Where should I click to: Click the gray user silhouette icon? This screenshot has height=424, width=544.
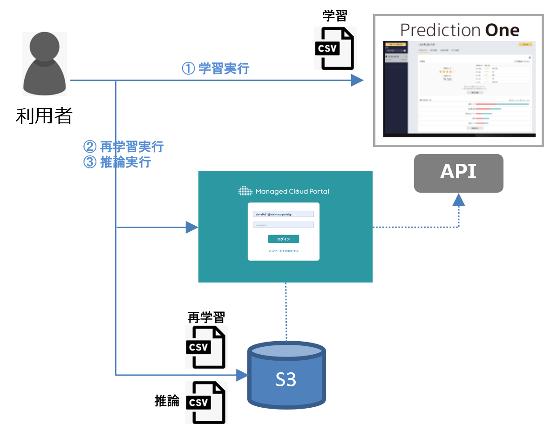[45, 64]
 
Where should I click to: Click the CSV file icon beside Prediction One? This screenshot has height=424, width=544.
[335, 48]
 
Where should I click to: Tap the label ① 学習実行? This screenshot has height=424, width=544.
[216, 69]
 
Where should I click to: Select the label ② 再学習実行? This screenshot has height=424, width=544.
[123, 147]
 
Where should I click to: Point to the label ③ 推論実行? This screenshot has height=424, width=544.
[117, 162]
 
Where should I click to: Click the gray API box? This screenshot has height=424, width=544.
[459, 173]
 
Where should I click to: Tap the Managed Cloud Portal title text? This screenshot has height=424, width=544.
[292, 191]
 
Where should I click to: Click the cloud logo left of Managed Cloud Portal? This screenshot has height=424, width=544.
[245, 191]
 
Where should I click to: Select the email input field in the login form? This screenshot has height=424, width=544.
[284, 214]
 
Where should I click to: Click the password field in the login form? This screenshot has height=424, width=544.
[284, 225]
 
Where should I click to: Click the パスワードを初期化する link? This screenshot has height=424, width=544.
[284, 251]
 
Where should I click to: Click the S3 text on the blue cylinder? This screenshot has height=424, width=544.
[286, 380]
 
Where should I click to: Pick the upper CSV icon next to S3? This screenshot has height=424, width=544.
[206, 347]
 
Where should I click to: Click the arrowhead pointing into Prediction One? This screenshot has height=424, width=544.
[357, 81]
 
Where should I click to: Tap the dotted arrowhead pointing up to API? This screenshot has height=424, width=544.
[459, 200]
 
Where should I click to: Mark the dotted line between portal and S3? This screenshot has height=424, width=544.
[286, 312]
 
